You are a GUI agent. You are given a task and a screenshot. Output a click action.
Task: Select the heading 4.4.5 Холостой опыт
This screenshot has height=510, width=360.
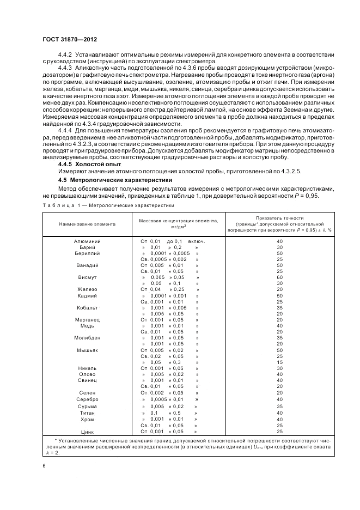(x=89, y=164)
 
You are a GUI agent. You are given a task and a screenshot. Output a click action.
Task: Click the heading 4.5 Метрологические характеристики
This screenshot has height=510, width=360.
(x=115, y=179)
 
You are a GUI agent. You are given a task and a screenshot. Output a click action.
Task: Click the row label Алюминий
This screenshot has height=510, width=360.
(x=87, y=241)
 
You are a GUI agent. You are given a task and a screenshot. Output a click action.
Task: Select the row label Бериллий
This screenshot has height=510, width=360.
(x=87, y=253)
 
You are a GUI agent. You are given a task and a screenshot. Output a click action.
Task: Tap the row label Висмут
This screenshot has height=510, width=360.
(x=87, y=277)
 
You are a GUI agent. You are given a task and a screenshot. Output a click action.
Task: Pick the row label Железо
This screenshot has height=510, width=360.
(x=87, y=289)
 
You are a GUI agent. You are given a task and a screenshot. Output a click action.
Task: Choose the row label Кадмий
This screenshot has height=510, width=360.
(x=87, y=296)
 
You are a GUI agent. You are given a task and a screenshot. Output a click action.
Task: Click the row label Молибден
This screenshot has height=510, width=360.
(x=87, y=338)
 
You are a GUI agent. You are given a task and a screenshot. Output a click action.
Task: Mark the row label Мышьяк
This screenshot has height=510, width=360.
(x=87, y=350)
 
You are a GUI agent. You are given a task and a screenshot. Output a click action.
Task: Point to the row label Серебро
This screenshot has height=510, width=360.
(x=87, y=399)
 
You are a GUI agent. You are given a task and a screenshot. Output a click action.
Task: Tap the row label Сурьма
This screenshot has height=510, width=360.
(x=87, y=406)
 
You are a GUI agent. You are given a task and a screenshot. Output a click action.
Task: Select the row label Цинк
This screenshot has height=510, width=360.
(x=87, y=432)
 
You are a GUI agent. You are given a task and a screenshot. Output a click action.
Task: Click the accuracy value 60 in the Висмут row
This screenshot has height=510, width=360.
(x=279, y=277)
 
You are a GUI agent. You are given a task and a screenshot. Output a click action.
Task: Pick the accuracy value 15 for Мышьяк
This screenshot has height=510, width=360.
(x=279, y=362)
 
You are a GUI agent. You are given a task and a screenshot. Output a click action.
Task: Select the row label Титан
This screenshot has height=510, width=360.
(x=87, y=413)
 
